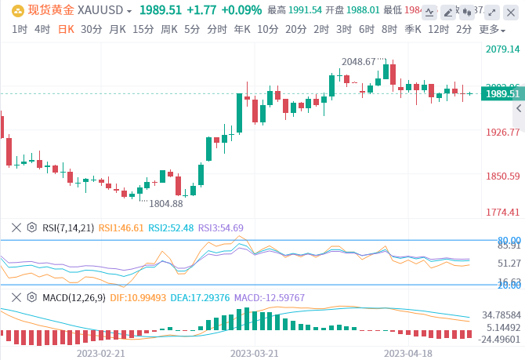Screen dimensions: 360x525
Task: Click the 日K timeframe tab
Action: [x=66, y=29]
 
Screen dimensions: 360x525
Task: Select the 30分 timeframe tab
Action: [x=91, y=29]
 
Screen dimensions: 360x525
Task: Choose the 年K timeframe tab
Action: [x=242, y=29]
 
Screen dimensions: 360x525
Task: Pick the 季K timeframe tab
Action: [x=413, y=29]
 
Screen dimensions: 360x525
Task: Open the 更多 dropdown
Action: [x=491, y=29]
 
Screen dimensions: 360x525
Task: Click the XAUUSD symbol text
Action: [x=106, y=10]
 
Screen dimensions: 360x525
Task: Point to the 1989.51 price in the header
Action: [x=161, y=10]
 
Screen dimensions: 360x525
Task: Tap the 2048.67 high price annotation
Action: [x=364, y=61]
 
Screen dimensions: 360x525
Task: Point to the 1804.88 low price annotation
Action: [x=165, y=203]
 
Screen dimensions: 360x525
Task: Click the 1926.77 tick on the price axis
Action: [x=503, y=133]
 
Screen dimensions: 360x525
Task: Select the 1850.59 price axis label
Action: [x=503, y=176]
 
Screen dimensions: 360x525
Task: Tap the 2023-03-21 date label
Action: [x=254, y=352]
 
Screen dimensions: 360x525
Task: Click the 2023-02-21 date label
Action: [x=101, y=352]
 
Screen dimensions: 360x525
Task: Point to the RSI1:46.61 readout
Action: [x=121, y=227]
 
